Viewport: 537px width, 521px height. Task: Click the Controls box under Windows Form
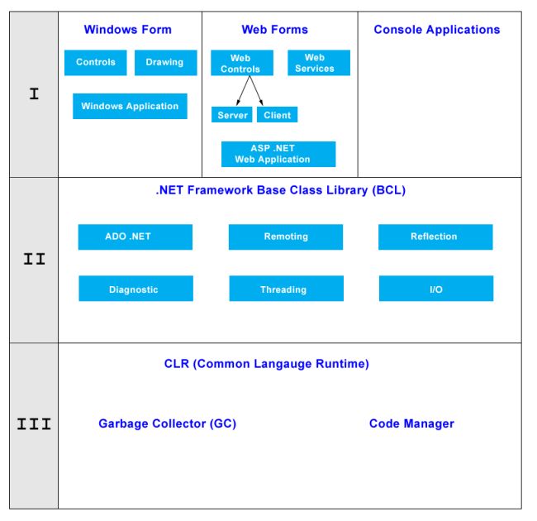[x=96, y=63]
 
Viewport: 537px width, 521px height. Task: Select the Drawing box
[x=165, y=63]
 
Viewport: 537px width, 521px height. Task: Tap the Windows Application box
[x=130, y=106]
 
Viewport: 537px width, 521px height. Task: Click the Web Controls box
[x=240, y=64]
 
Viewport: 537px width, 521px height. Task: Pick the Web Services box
[x=318, y=63]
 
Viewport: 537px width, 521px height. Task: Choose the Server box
[x=232, y=115]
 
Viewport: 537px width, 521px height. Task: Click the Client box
[x=277, y=115]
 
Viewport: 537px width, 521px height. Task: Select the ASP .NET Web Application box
[x=278, y=154]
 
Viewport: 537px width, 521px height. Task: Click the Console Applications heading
[x=436, y=30]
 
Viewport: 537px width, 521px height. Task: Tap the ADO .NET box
[x=135, y=237]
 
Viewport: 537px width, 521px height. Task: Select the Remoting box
[x=286, y=237]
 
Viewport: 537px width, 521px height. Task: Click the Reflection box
[x=435, y=237]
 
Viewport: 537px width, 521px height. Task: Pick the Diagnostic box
[x=135, y=289]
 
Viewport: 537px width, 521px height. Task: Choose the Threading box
[x=286, y=289]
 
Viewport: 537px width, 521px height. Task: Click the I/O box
[x=435, y=289]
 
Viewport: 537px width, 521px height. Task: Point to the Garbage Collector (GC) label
[x=167, y=423]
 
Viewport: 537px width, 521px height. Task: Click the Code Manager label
[x=411, y=423]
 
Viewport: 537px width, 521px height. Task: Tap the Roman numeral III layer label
[x=34, y=425]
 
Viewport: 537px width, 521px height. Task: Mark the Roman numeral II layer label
[x=34, y=259]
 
